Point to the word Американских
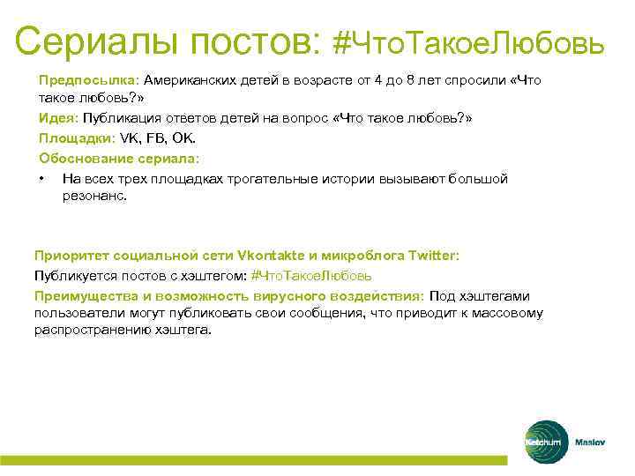click(x=196, y=80)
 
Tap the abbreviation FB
click(x=158, y=139)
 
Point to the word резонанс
click(x=93, y=197)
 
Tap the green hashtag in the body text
click(x=305, y=275)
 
